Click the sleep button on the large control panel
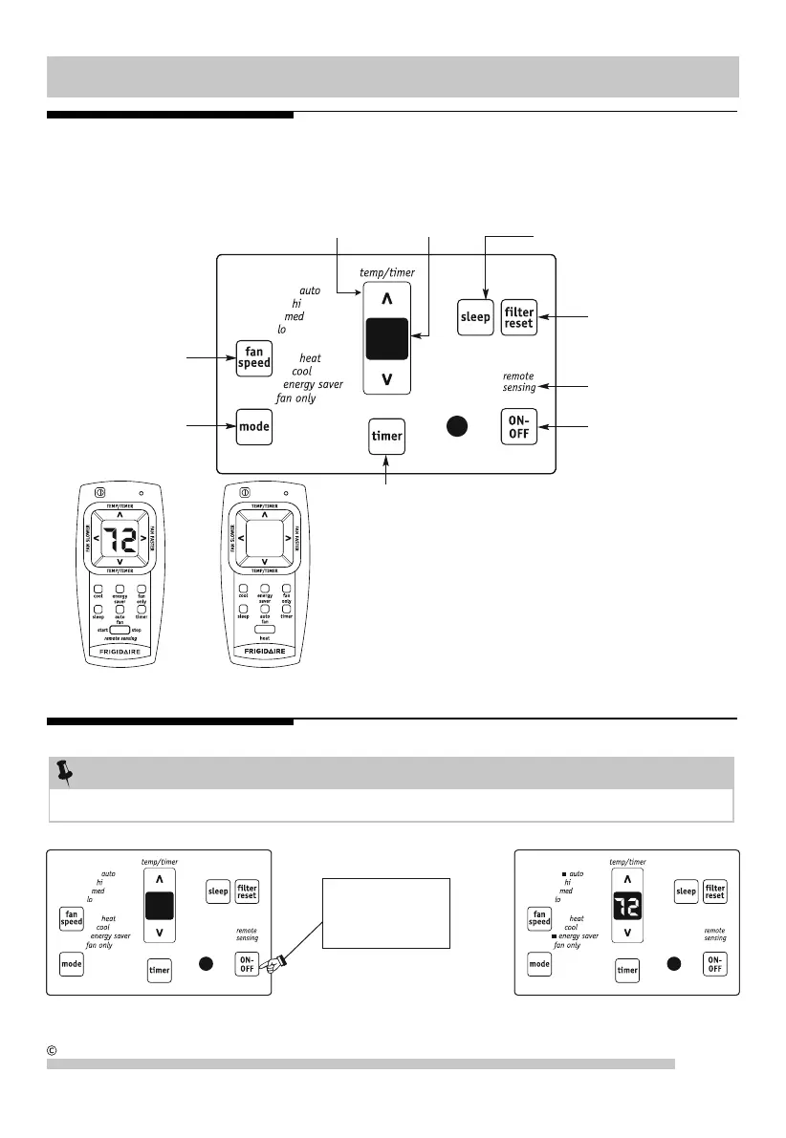[475, 317]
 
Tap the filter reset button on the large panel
[519, 317]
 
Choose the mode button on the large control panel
[254, 426]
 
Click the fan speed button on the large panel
[254, 357]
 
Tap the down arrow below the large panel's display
[386, 379]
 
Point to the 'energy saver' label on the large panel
[313, 385]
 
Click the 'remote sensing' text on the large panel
[518, 382]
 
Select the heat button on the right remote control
[264, 632]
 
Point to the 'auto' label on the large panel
[310, 290]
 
